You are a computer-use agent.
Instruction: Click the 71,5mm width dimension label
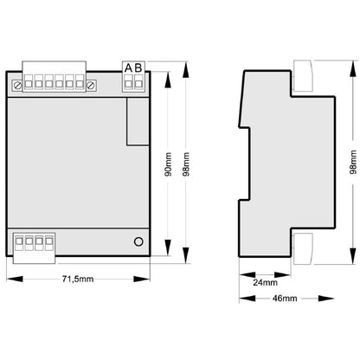(x=78, y=279)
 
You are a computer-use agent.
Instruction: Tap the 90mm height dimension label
(x=168, y=164)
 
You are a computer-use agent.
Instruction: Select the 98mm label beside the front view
(x=186, y=164)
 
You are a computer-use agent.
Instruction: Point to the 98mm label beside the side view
(x=353, y=162)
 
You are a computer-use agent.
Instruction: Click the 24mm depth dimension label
(x=265, y=282)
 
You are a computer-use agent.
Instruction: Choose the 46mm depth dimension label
(x=285, y=299)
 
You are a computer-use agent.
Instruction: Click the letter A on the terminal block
(x=128, y=68)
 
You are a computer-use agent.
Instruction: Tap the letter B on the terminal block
(x=138, y=68)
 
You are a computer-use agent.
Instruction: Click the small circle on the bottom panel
(x=138, y=241)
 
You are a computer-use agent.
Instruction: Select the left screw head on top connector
(x=17, y=86)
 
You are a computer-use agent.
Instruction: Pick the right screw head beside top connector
(x=91, y=86)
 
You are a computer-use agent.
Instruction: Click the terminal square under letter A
(x=128, y=84)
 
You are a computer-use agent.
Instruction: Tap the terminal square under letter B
(x=138, y=84)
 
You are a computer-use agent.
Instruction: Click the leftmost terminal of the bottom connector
(x=19, y=241)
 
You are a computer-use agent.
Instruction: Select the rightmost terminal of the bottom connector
(x=49, y=241)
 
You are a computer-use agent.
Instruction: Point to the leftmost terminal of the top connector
(x=29, y=85)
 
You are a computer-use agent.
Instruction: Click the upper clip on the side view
(x=303, y=75)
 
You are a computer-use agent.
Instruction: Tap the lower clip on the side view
(x=303, y=249)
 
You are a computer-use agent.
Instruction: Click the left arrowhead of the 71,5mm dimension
(x=15, y=279)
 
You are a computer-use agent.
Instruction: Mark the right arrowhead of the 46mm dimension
(x=326, y=299)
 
